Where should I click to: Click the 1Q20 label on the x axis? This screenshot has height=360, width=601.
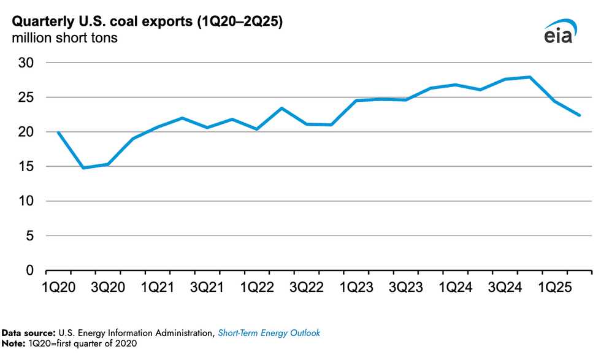[59, 286]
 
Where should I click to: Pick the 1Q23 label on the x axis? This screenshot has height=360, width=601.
[357, 286]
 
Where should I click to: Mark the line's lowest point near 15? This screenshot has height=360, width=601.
[83, 167]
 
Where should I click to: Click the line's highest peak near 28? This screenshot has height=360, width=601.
[529, 77]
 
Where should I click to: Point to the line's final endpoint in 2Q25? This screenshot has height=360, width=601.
[579, 115]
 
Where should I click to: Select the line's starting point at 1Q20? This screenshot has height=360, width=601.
[58, 132]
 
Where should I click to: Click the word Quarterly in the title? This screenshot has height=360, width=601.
[39, 21]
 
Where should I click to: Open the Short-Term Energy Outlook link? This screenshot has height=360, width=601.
[269, 333]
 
